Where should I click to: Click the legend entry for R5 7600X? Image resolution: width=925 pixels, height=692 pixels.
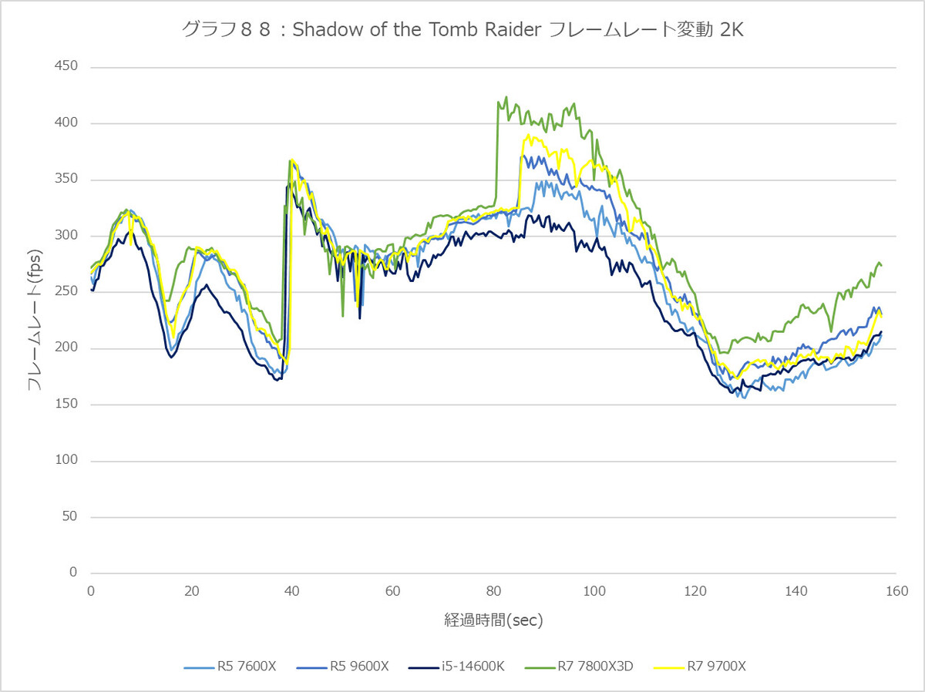point(230,666)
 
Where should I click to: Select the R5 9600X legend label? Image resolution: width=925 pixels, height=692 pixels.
point(342,666)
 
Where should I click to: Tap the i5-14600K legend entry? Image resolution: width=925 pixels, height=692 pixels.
point(456,666)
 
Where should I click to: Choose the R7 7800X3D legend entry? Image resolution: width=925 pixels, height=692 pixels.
point(579,666)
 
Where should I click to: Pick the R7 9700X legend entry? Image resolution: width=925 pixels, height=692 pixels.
point(700,666)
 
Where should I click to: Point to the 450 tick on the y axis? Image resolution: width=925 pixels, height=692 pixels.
point(66,66)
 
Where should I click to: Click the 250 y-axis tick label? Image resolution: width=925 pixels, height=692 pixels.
point(66,291)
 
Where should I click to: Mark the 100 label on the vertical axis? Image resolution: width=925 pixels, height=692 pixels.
point(66,459)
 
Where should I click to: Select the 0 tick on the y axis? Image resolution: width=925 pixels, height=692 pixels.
point(73,572)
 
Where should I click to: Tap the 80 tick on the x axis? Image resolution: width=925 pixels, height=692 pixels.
point(493,591)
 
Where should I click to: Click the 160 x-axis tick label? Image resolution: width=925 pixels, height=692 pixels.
point(896,591)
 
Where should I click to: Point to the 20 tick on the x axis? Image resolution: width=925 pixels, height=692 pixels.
point(191,591)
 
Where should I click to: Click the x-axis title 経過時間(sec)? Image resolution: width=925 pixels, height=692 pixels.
point(493,620)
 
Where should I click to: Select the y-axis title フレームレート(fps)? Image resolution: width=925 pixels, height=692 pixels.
point(35,320)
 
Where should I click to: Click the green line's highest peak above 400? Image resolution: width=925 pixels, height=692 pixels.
point(506,97)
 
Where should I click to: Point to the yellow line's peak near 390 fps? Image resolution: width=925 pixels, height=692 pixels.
point(527,135)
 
